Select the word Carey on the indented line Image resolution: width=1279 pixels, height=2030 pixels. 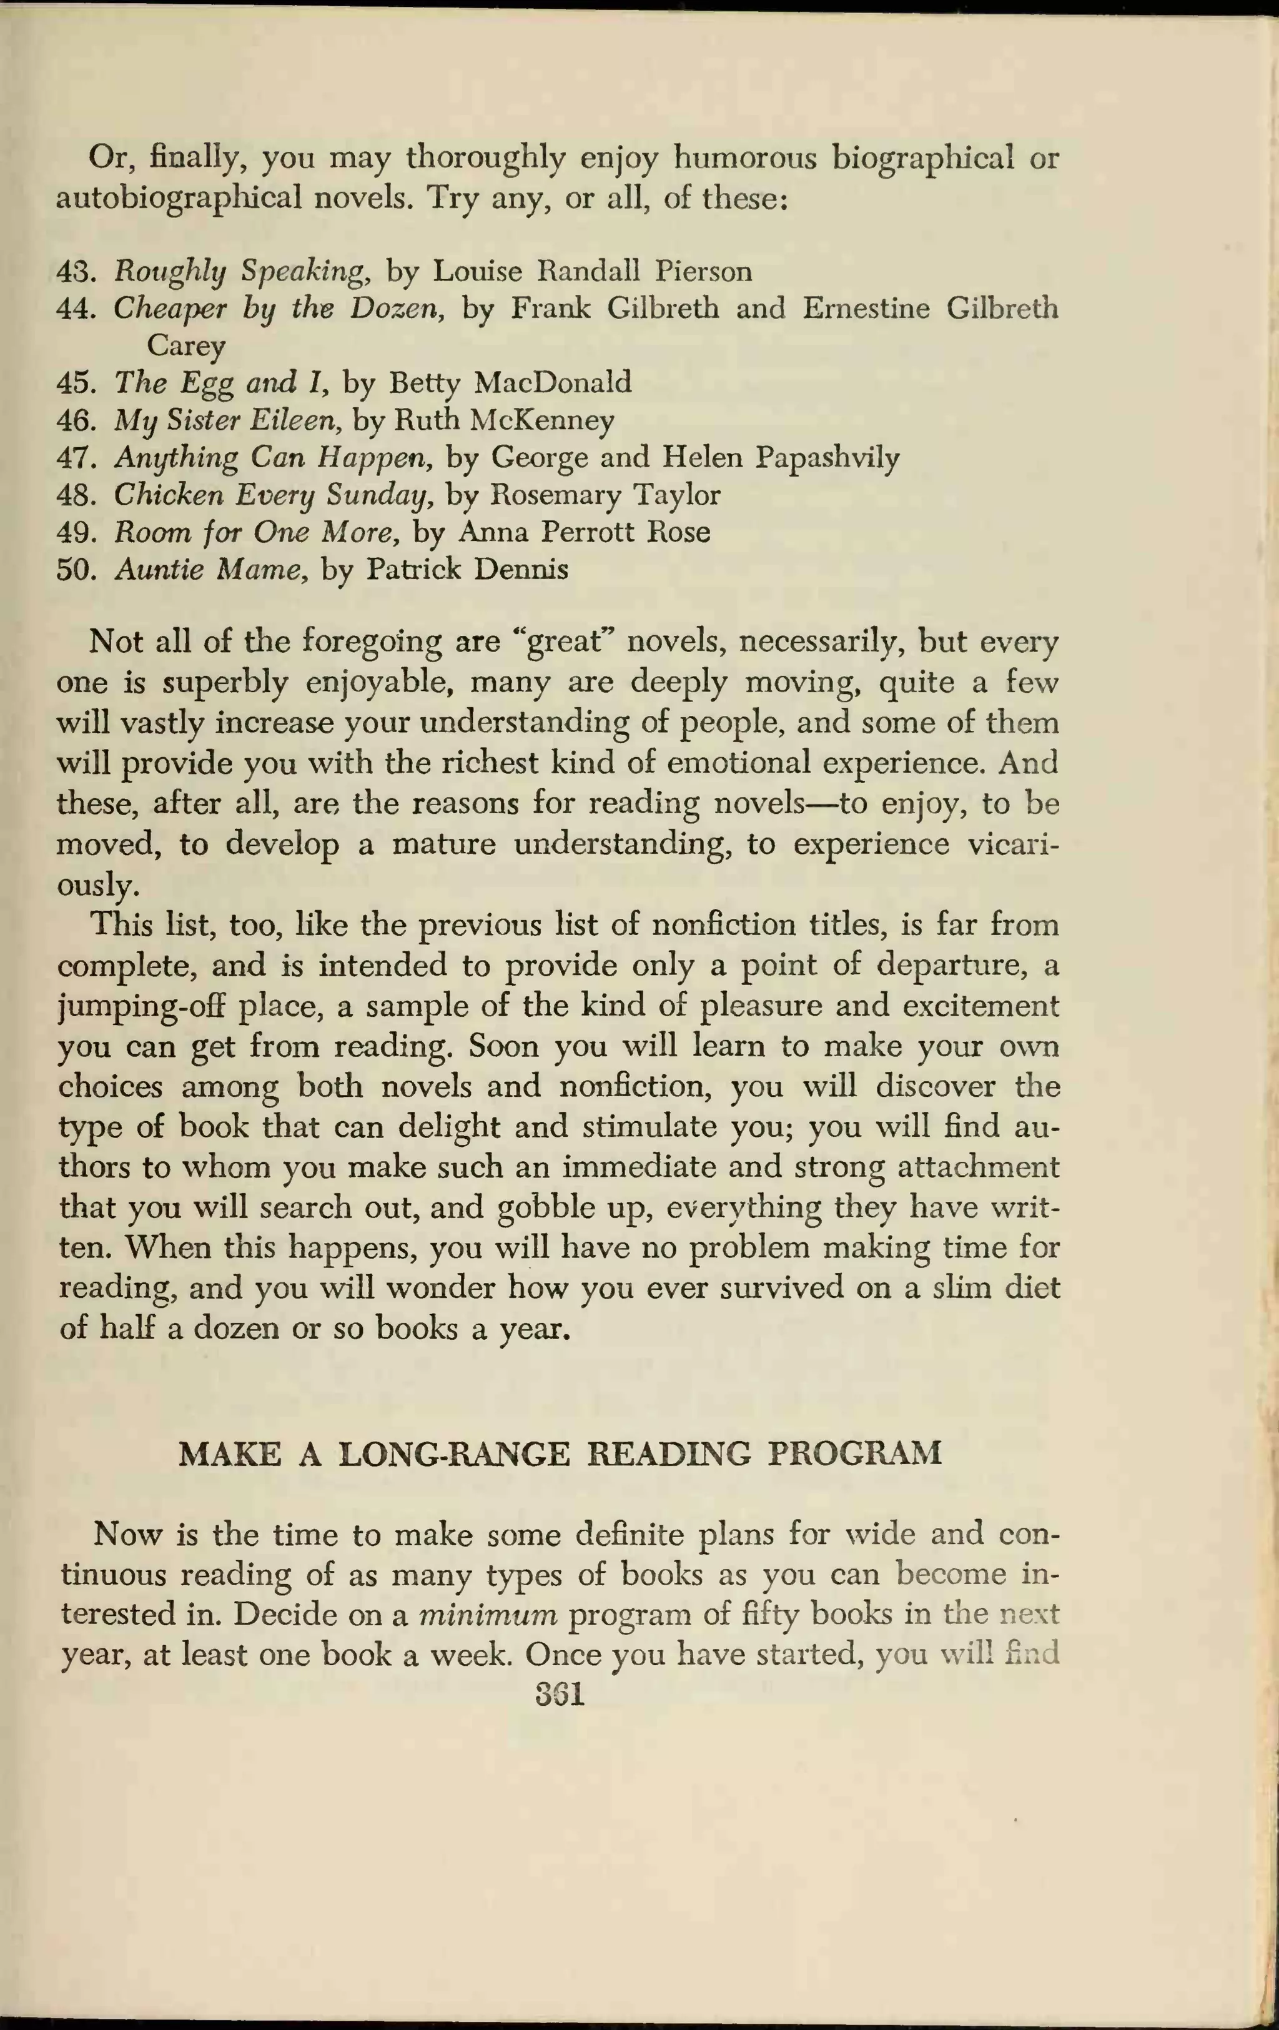[185, 345]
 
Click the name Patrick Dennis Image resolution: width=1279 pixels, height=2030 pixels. [467, 569]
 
